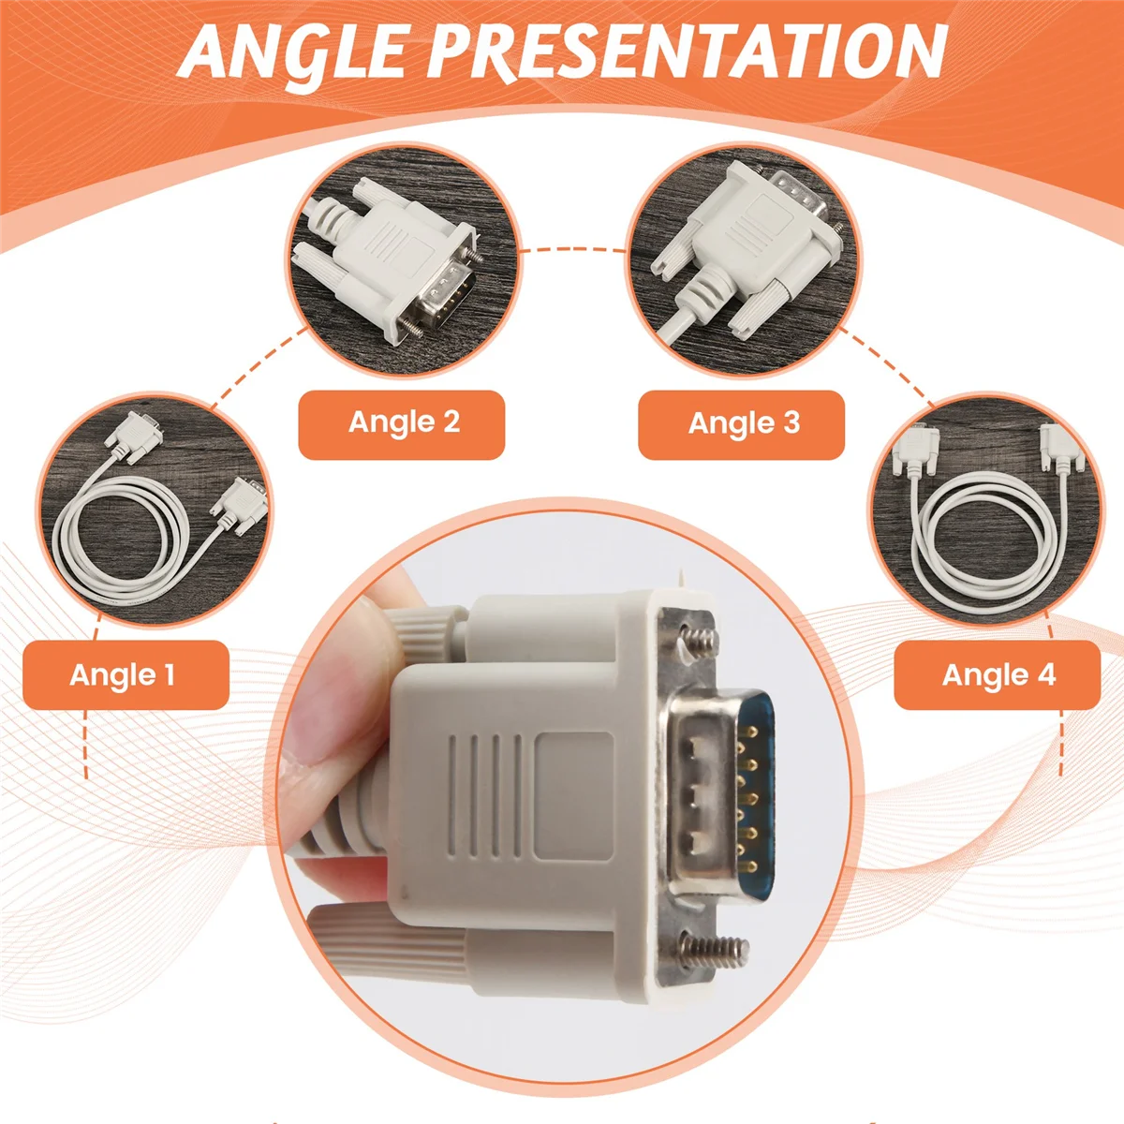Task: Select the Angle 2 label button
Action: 403,423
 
